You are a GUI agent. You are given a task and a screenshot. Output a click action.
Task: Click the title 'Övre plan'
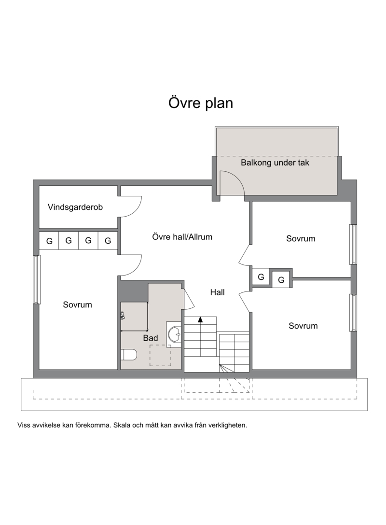[201, 103]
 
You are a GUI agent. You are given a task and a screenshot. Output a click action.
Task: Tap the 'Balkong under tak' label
[275, 163]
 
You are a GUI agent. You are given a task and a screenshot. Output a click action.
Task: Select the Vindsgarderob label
[75, 207]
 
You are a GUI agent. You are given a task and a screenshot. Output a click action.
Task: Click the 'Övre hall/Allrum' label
[182, 237]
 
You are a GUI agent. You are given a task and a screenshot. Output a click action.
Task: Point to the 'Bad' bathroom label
[151, 338]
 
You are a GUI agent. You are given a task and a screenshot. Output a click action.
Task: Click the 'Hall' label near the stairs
[217, 292]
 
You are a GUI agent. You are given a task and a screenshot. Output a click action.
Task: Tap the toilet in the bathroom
[129, 355]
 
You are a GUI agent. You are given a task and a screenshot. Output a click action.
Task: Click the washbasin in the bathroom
[174, 332]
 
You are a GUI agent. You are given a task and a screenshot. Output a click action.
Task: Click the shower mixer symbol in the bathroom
[123, 315]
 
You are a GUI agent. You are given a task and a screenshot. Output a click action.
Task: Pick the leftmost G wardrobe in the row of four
[49, 240]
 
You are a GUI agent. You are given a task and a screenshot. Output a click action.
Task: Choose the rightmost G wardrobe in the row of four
[108, 240]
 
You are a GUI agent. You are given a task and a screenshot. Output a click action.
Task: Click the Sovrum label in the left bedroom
[77, 304]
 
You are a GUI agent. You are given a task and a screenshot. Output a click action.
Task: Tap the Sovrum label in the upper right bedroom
[301, 239]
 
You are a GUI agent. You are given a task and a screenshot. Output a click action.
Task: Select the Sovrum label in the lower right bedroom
[303, 326]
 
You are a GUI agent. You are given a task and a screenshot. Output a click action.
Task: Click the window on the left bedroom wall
[37, 279]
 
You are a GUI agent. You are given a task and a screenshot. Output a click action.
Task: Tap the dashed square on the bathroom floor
[160, 355]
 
